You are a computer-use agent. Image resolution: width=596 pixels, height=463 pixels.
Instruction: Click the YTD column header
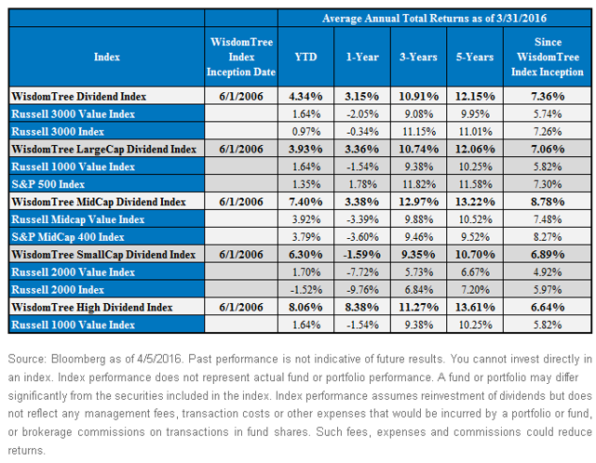[305, 57]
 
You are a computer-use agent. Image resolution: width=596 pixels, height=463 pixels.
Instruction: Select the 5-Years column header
[475, 57]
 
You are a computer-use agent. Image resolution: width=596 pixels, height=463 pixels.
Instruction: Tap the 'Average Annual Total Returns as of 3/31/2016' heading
[434, 19]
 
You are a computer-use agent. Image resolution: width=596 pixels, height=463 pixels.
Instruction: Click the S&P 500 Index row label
[48, 184]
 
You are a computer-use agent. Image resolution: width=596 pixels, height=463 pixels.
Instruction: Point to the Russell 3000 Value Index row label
[74, 114]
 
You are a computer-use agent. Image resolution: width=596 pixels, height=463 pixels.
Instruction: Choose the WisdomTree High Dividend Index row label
[92, 308]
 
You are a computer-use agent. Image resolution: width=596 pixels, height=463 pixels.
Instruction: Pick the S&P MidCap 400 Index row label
[68, 237]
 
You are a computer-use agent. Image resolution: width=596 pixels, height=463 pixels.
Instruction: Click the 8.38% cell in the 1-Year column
[362, 308]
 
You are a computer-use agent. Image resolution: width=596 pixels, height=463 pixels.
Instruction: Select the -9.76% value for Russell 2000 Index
[362, 290]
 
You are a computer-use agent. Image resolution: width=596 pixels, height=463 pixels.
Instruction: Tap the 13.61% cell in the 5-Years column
[475, 308]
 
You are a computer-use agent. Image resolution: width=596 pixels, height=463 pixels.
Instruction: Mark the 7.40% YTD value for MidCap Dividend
[305, 202]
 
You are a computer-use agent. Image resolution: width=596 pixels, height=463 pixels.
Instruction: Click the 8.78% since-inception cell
[548, 202]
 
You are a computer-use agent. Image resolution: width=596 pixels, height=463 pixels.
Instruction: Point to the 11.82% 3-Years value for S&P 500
[419, 184]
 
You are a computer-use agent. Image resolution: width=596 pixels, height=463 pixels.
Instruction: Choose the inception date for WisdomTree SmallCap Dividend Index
[241, 255]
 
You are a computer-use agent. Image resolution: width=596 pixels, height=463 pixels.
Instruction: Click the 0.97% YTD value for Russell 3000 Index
[306, 132]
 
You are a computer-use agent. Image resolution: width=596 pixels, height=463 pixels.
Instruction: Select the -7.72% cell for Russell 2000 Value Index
[362, 272]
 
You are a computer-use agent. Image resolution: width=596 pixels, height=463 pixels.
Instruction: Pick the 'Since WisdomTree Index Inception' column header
[548, 57]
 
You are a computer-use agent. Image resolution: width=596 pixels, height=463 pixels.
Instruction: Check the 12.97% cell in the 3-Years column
[419, 202]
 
